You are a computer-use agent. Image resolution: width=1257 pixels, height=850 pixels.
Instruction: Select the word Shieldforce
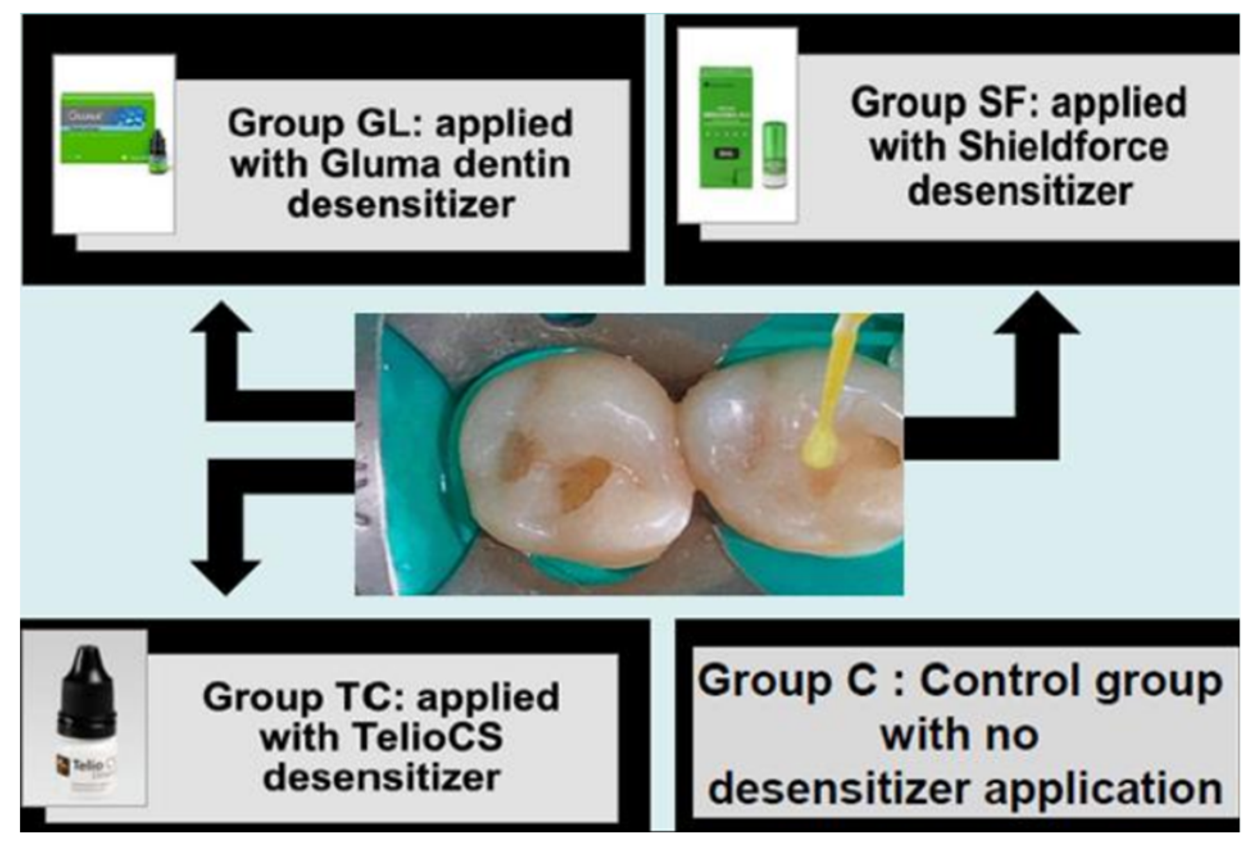coord(1063,147)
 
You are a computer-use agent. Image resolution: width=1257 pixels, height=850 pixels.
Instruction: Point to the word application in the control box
coord(1103,789)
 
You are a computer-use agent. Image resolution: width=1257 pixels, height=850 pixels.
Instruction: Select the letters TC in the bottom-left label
coord(357,697)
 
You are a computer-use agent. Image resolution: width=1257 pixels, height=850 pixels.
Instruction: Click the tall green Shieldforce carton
coord(725,128)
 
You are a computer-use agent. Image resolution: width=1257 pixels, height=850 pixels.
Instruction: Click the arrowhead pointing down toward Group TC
coord(225,576)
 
